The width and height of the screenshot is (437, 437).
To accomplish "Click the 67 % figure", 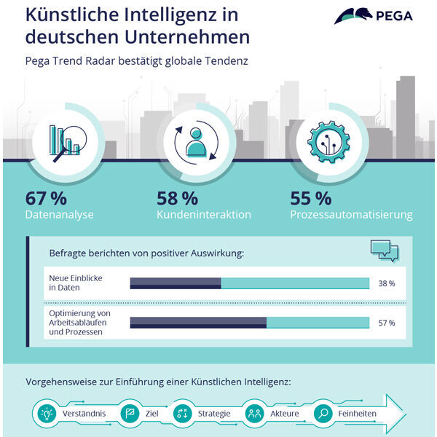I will [46, 197].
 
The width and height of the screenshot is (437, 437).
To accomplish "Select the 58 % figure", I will [177, 197].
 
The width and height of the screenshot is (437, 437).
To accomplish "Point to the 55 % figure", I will [310, 197].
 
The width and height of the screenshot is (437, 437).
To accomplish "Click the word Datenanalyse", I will [59, 215].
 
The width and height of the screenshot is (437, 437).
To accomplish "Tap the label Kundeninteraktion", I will [204, 215].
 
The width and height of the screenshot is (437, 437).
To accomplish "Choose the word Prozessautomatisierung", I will [351, 215].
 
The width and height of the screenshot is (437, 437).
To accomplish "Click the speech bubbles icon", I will [384, 251].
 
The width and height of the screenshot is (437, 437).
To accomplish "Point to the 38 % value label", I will [387, 283].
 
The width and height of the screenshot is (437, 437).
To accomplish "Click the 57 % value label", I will [387, 323].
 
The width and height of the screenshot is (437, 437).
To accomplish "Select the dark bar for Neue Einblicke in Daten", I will [175, 283].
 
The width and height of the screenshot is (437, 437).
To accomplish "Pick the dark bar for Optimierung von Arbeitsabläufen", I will [198, 323].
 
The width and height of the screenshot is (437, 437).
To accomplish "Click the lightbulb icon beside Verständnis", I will [47, 413].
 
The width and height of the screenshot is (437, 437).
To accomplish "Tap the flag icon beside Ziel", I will [130, 413].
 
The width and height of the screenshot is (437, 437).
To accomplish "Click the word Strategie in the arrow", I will [214, 414].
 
